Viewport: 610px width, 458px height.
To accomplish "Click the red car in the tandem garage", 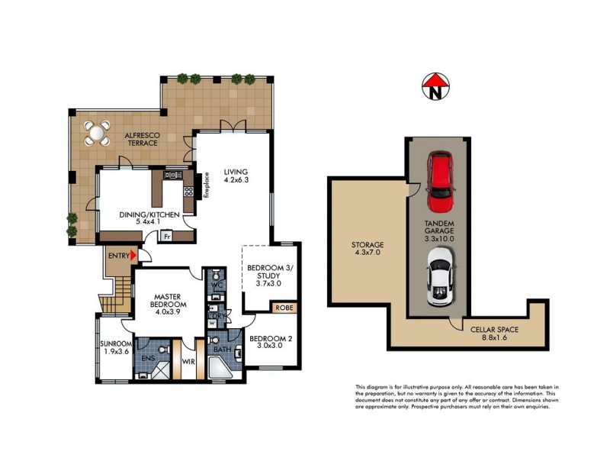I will pyautogui.click(x=441, y=182).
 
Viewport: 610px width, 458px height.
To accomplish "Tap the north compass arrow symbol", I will pyautogui.click(x=434, y=85).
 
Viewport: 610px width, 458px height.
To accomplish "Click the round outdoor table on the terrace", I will pyautogui.click(x=97, y=134).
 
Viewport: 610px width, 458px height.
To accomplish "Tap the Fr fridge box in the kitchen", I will pyautogui.click(x=167, y=237).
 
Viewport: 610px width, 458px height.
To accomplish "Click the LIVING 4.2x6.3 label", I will pyautogui.click(x=236, y=176).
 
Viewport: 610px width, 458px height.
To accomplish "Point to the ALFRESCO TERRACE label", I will pyautogui.click(x=141, y=138).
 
